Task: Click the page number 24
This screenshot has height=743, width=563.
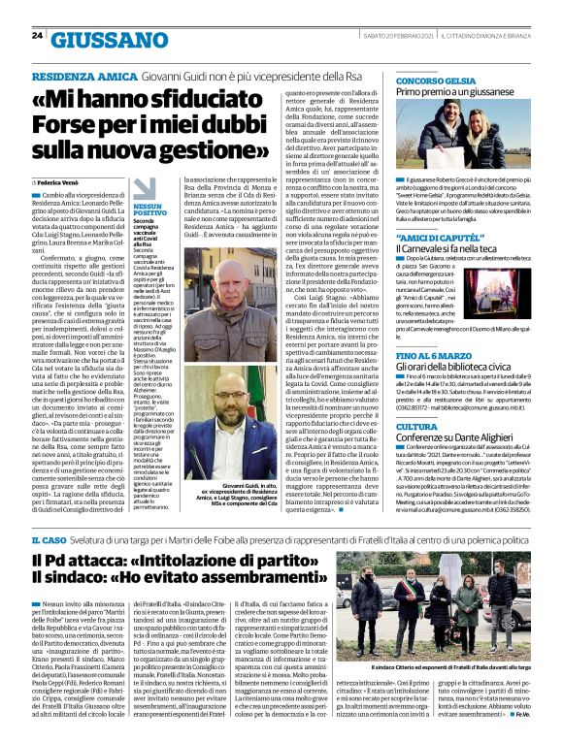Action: tap(37, 35)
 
